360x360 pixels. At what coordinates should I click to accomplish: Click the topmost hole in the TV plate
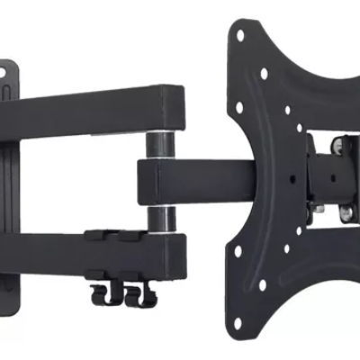point(240,37)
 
